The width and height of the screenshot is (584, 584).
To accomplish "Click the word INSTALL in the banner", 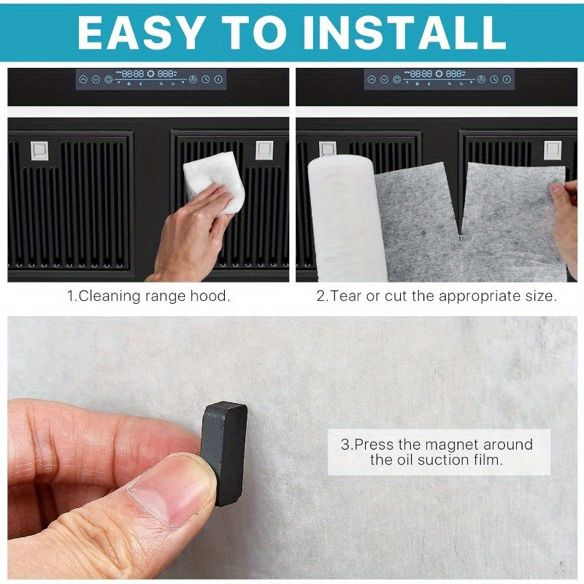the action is tap(404, 32).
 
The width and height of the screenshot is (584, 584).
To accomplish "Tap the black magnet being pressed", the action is tap(224, 453).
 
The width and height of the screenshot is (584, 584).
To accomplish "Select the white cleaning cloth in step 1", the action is tap(213, 182).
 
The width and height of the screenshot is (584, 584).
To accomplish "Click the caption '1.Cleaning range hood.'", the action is tap(148, 296).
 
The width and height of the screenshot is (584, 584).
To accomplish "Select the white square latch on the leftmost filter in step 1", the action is tap(39, 150).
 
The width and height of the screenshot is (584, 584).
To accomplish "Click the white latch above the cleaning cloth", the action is tap(264, 150).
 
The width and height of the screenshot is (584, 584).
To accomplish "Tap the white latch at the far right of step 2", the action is tap(553, 150).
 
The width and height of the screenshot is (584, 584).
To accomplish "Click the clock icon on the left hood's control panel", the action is tap(206, 79).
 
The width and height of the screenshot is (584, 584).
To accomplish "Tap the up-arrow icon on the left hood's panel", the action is tap(83, 80).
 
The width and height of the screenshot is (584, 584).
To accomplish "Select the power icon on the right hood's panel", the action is tap(507, 79).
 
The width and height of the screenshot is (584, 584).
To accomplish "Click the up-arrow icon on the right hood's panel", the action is tap(372, 80).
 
